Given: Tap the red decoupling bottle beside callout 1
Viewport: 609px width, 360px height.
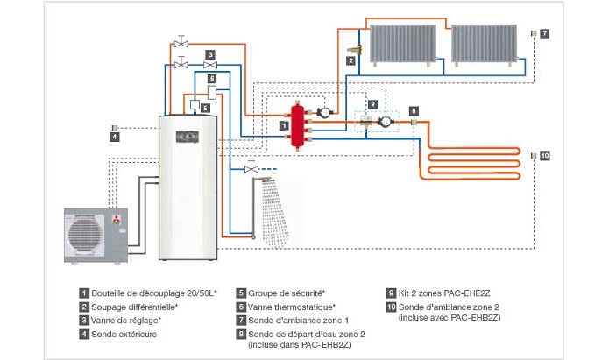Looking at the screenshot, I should tap(300, 125).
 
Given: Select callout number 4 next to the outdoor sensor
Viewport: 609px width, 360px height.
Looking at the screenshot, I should tap(114, 137).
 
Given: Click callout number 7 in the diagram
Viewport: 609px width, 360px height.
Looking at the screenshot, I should tap(544, 33).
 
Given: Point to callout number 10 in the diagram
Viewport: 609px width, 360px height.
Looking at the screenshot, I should tap(544, 155).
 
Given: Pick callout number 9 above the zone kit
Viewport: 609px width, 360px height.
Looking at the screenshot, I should tap(372, 104).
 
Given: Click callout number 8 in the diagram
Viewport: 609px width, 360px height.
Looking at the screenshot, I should tap(414, 111).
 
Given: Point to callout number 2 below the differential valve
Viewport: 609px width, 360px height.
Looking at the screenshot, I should tap(351, 60).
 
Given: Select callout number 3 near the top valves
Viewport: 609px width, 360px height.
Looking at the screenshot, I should tap(210, 54).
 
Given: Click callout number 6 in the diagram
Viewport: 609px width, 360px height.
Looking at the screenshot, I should tap(211, 79).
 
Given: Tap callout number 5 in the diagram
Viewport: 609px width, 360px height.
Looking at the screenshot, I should tap(204, 108).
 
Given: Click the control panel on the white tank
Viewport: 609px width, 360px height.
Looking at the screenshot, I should tap(188, 137).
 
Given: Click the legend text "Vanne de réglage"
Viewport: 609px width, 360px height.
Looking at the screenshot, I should tap(124, 320).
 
